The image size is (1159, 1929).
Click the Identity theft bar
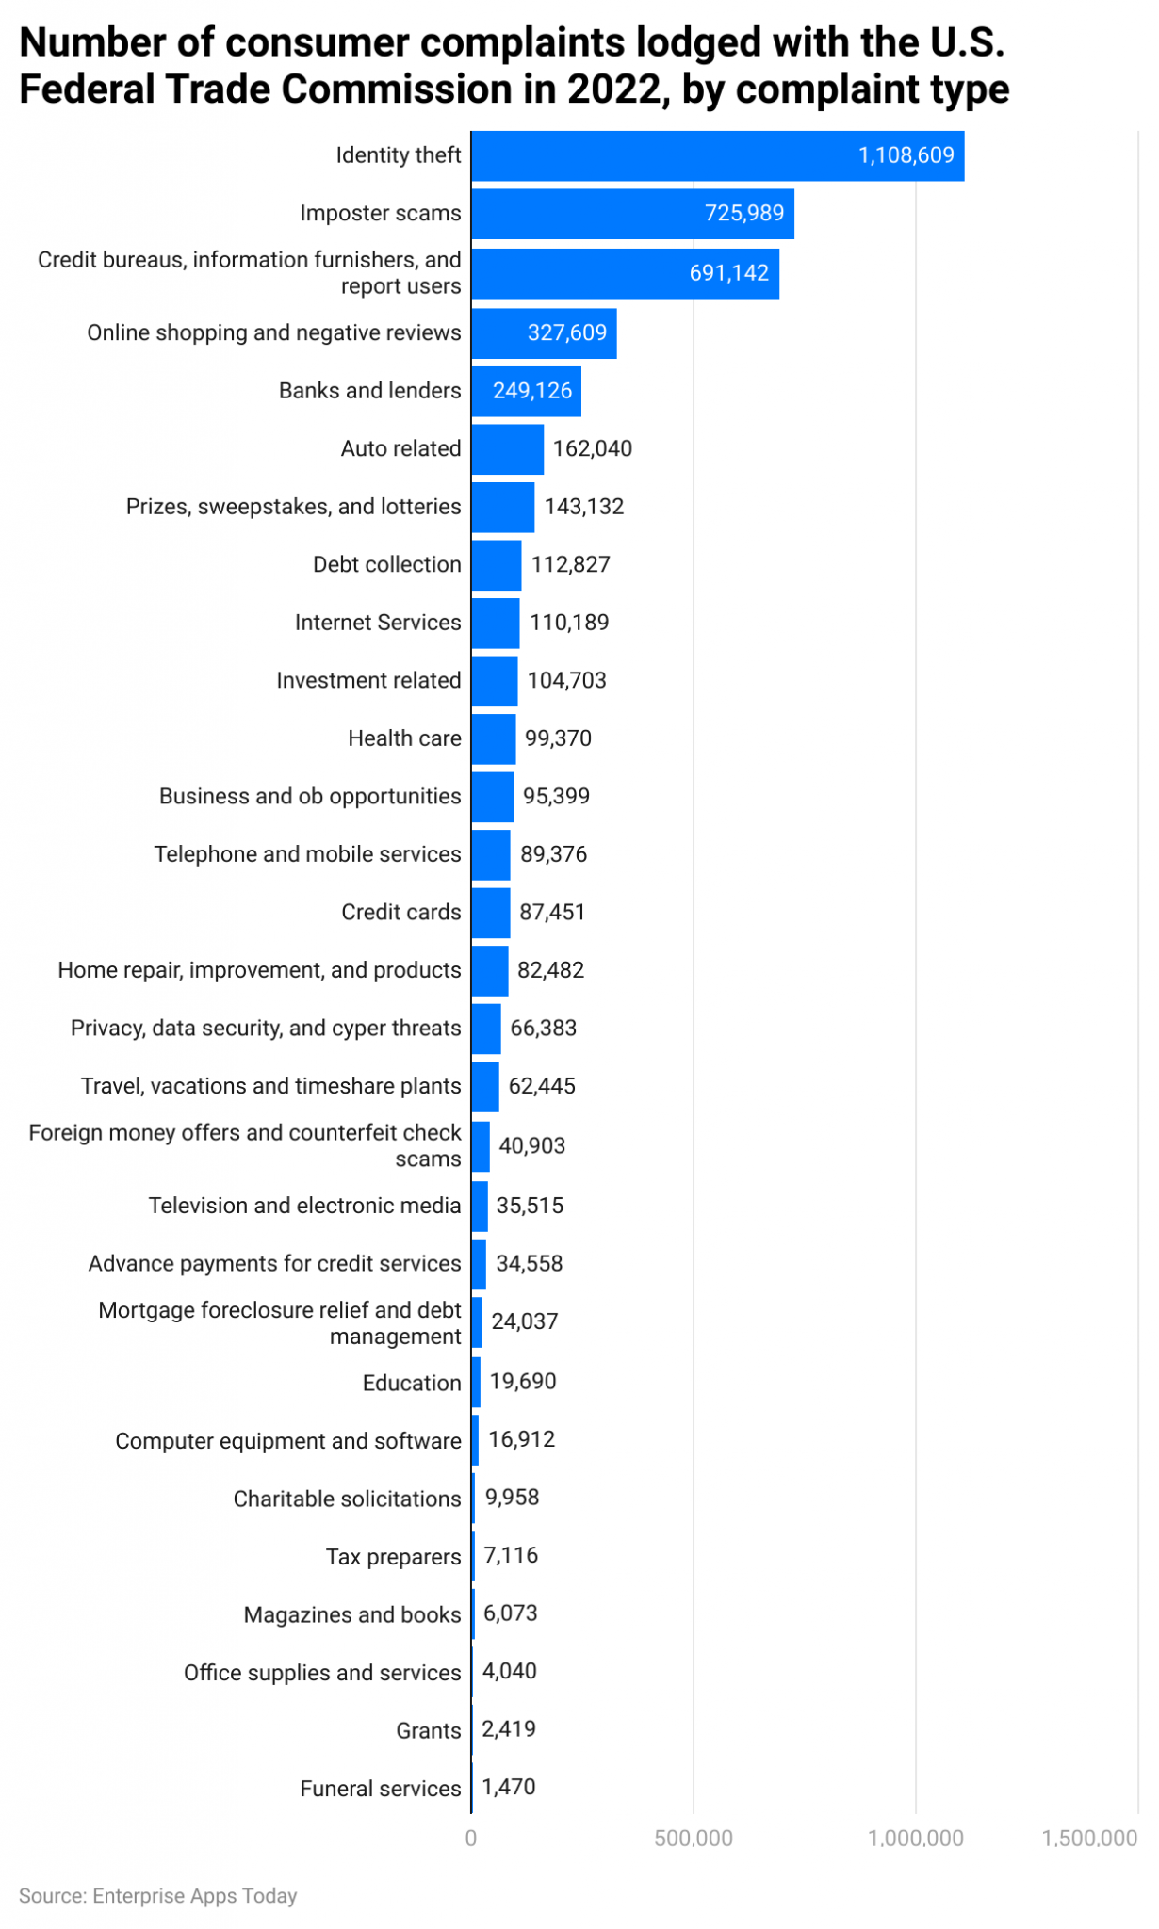[716, 155]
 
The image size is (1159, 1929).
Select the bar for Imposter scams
[631, 214]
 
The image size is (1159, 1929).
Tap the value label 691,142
[728, 273]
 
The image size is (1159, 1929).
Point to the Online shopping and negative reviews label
[273, 332]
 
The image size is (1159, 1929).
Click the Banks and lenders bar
[526, 391]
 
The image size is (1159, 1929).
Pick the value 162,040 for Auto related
[592, 448]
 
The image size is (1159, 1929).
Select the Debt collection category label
[386, 564]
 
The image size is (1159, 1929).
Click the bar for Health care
[493, 738]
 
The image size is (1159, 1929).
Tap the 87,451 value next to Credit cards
[552, 912]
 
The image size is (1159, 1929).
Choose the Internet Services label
[377, 623]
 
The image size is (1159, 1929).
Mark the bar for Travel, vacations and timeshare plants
[484, 1086]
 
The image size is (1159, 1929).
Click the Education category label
[411, 1383]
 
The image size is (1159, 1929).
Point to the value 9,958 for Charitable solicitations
[512, 1498]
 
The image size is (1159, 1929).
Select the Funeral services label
[380, 1788]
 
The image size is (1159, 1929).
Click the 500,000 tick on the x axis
[694, 1838]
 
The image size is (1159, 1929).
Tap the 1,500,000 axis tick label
[1089, 1838]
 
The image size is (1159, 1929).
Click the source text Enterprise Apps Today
[194, 1896]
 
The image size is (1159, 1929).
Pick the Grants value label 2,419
[509, 1729]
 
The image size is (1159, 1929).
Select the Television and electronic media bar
[479, 1206]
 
